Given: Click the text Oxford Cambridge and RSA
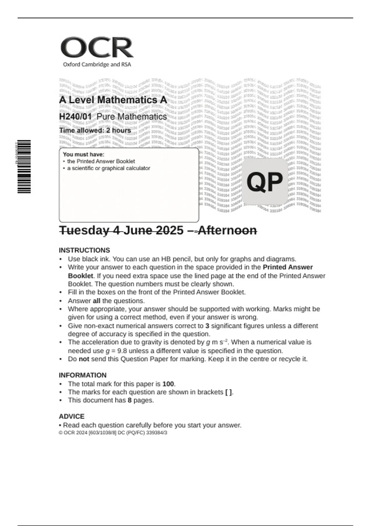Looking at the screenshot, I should [97, 64].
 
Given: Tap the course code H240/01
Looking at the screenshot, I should [75, 117].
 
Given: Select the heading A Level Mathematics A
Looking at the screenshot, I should [113, 100].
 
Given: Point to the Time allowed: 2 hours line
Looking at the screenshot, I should [95, 130].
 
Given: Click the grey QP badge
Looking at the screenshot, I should [265, 182].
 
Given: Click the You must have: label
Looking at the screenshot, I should [83, 154].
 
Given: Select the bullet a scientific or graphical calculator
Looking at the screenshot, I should [108, 168].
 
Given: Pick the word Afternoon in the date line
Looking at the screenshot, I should [227, 230].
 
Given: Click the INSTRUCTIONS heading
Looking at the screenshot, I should [84, 250].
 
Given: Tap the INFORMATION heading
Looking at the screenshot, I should [83, 375].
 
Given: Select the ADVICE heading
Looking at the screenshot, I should [71, 416].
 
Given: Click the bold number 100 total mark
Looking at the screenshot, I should [168, 384].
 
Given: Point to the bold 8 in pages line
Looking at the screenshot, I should [130, 400].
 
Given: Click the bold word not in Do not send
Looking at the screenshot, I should [84, 359].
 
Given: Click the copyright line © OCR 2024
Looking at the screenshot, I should [113, 433].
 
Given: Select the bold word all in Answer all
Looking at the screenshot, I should [96, 301].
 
